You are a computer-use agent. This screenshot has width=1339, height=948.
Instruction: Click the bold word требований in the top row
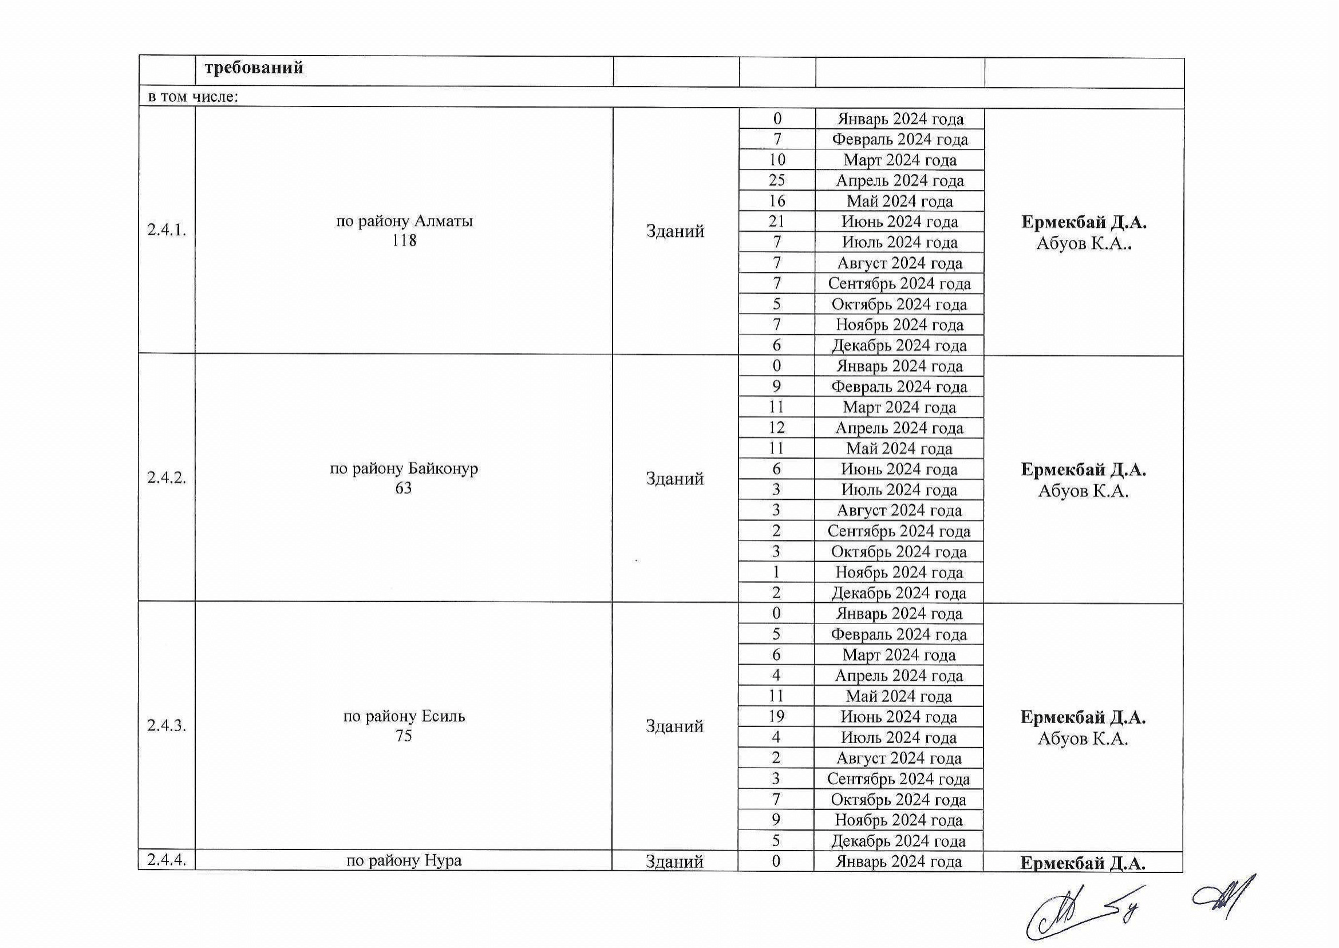coord(254,68)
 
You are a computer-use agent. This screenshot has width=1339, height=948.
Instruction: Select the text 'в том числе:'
coord(193,97)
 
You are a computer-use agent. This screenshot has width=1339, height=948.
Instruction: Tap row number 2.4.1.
coord(167,230)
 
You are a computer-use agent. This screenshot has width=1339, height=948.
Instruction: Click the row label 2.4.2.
coord(167,477)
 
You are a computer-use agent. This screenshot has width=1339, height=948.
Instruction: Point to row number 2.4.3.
coord(167,725)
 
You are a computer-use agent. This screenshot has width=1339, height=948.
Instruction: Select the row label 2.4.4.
coord(167,860)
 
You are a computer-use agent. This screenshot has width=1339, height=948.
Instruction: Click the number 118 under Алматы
coord(404,240)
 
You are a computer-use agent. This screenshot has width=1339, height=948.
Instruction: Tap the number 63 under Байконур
coord(404,488)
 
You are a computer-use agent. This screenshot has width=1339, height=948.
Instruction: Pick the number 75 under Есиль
coord(404,736)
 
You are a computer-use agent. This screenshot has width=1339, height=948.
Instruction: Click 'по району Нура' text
coord(404,860)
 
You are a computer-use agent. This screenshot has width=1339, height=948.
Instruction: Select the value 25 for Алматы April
coord(777,180)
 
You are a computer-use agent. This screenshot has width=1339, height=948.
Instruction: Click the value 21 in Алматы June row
coord(777,221)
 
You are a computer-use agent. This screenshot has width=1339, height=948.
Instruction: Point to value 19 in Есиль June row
coord(776,716)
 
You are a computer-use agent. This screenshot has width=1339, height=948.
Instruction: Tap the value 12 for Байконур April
coord(776,428)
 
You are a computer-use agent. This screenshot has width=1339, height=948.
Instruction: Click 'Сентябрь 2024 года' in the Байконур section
coord(899,531)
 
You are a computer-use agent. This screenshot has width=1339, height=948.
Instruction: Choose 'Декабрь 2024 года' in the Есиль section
coord(899,840)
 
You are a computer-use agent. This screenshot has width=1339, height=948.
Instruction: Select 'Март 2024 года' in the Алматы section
coord(899,160)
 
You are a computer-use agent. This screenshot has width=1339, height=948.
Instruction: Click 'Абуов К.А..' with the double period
coord(1084,243)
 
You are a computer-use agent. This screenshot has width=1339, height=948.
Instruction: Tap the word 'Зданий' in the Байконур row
coord(675,479)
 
